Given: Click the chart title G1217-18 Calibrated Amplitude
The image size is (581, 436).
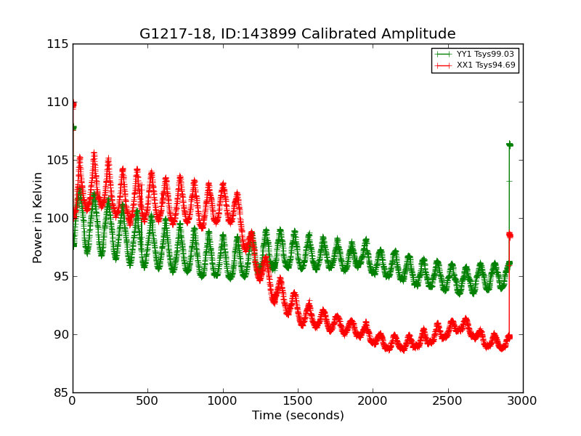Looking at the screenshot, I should (x=298, y=34).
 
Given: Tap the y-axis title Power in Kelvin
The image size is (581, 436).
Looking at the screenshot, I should (x=38, y=217).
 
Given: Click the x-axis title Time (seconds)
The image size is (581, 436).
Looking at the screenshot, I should (x=298, y=416).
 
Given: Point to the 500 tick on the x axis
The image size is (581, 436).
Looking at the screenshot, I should (x=147, y=400).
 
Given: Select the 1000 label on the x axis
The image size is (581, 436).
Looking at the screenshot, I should (x=223, y=400).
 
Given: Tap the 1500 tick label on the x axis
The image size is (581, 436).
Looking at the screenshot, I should (x=298, y=400).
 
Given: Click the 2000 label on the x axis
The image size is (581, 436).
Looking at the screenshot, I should (x=373, y=400).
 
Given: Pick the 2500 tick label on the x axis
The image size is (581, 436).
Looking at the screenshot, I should (x=448, y=400).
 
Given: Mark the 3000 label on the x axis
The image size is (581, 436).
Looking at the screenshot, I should (x=523, y=400).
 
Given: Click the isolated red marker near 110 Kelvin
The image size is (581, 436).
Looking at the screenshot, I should (x=73, y=105).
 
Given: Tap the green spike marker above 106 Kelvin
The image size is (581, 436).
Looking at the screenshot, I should (x=509, y=145).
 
